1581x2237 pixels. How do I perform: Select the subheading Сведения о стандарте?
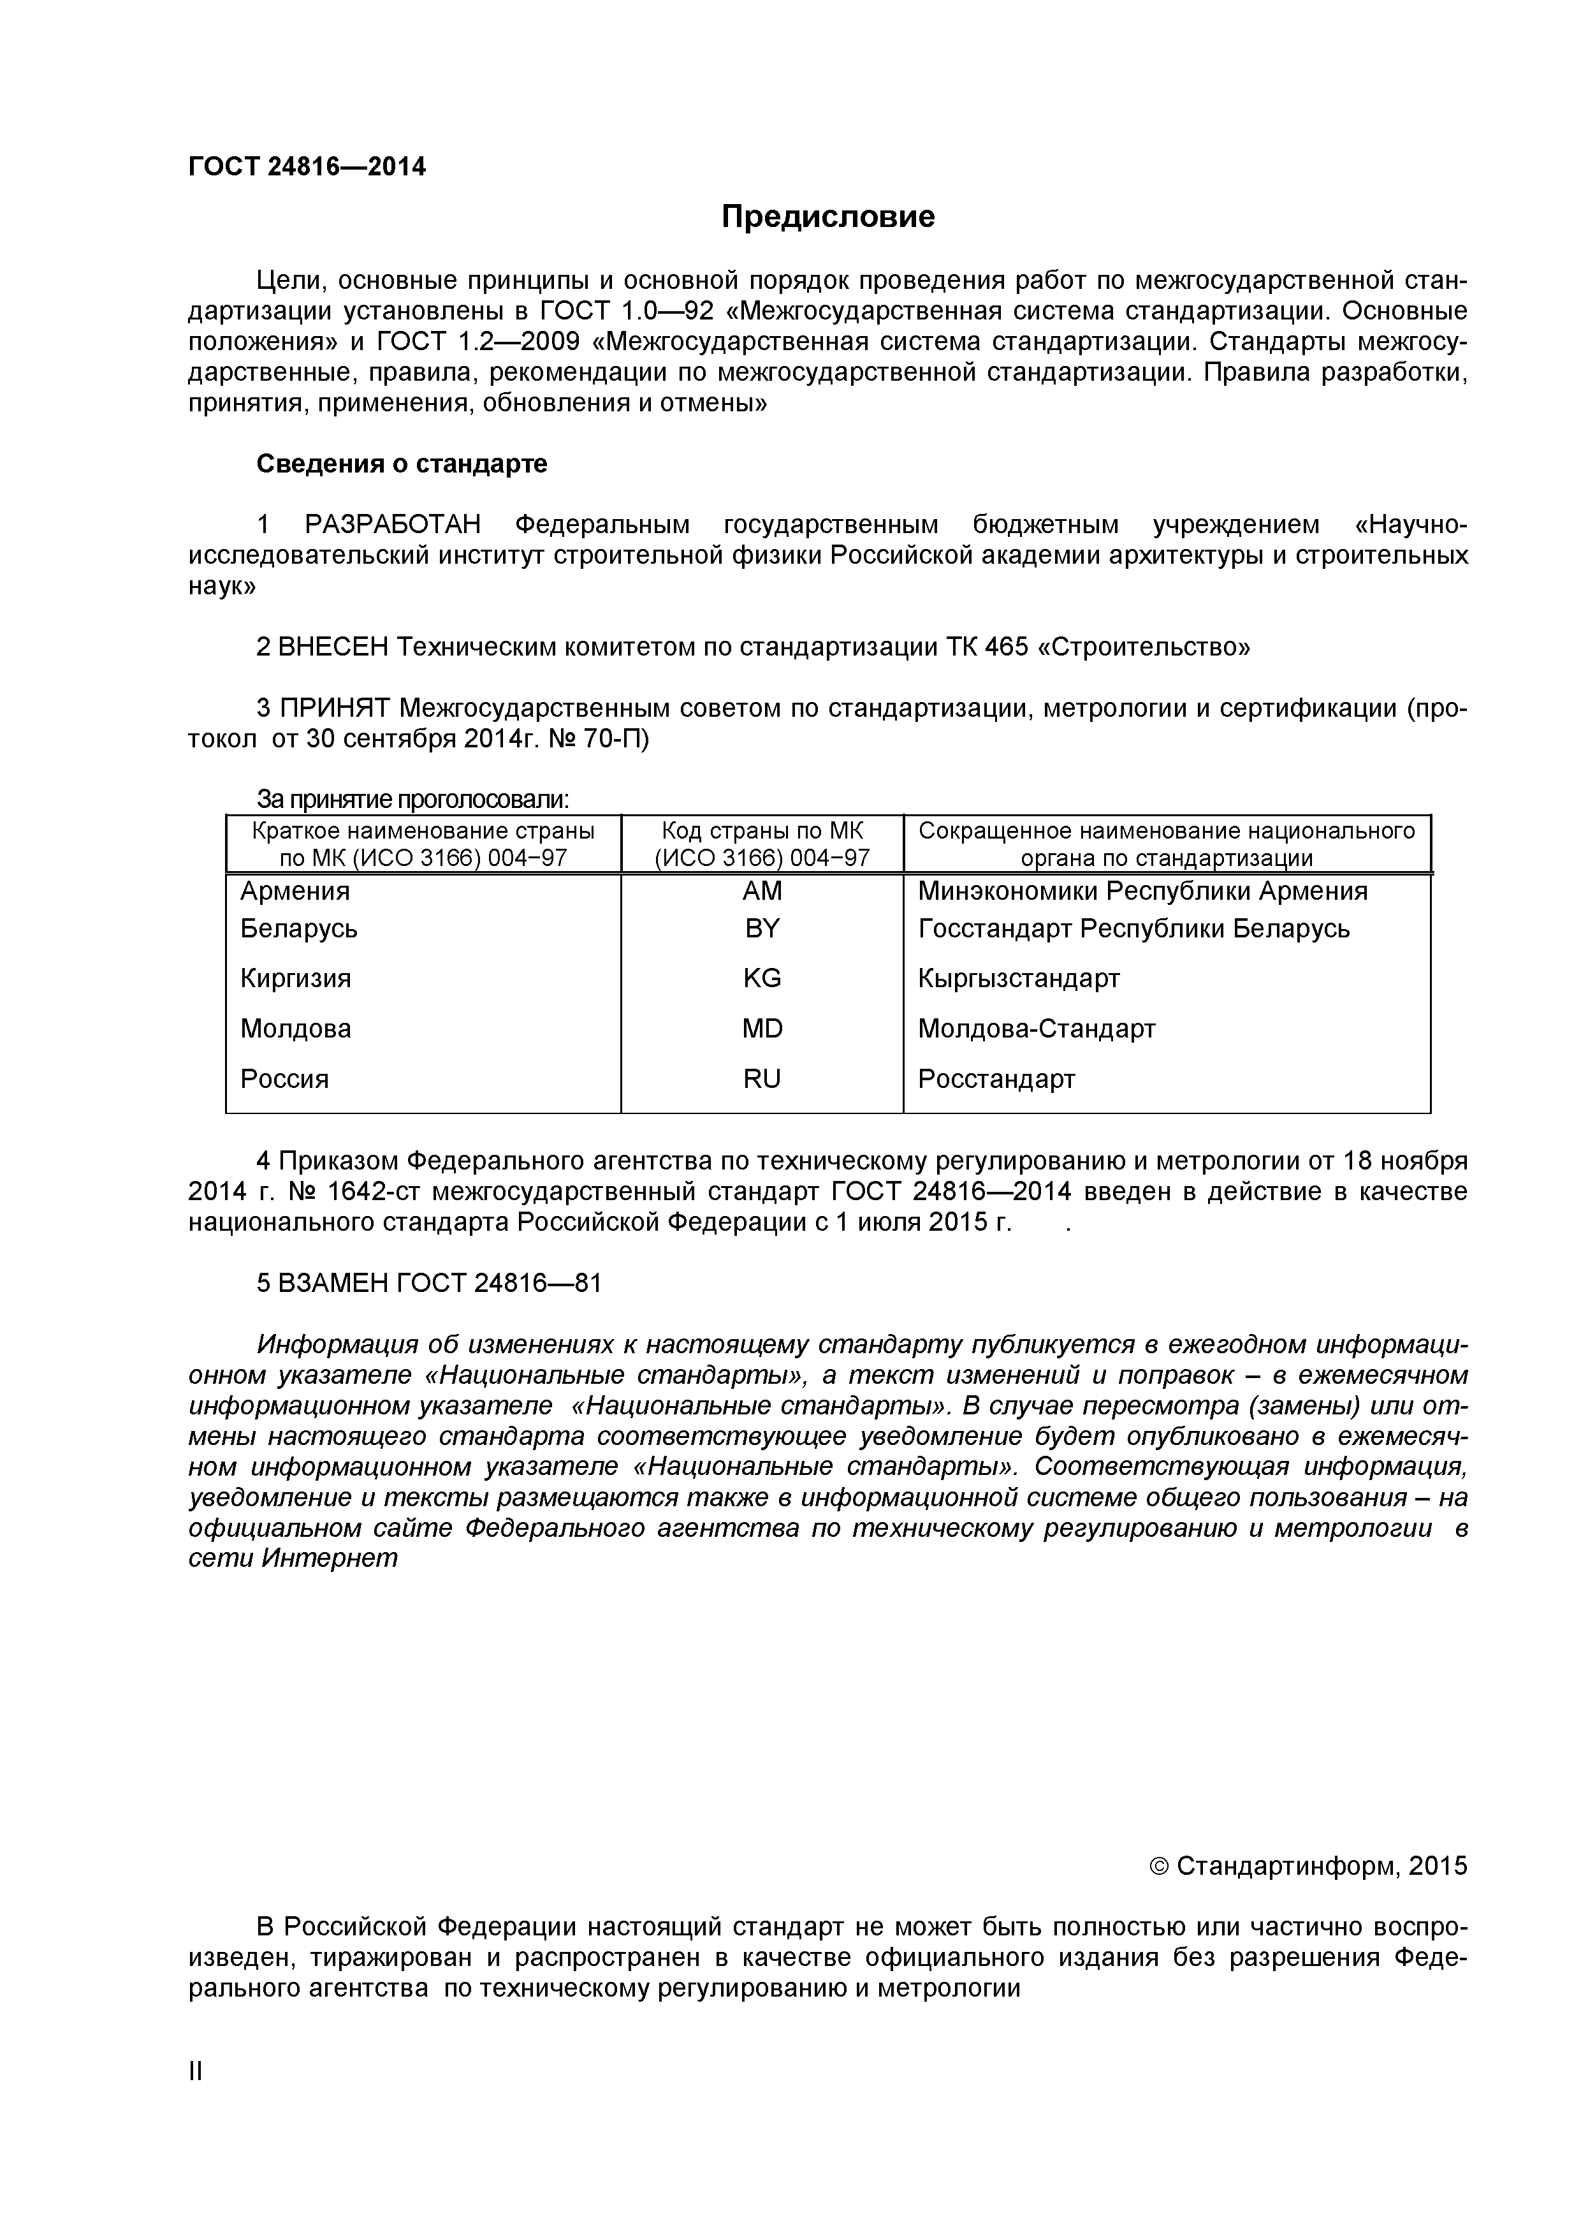click(402, 464)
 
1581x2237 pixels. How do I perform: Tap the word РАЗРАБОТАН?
click(393, 525)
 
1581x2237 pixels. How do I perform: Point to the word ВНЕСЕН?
click(332, 647)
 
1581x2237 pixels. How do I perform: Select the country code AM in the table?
click(762, 891)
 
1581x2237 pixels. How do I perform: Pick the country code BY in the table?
click(762, 928)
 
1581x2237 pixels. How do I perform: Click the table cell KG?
click(762, 978)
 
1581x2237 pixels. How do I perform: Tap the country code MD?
click(762, 1029)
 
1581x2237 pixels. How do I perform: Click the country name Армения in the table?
click(295, 891)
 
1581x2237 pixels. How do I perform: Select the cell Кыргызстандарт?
click(1019, 978)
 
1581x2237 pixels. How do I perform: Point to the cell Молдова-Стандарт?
click(1037, 1029)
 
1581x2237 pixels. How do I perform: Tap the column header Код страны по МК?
click(762, 831)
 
